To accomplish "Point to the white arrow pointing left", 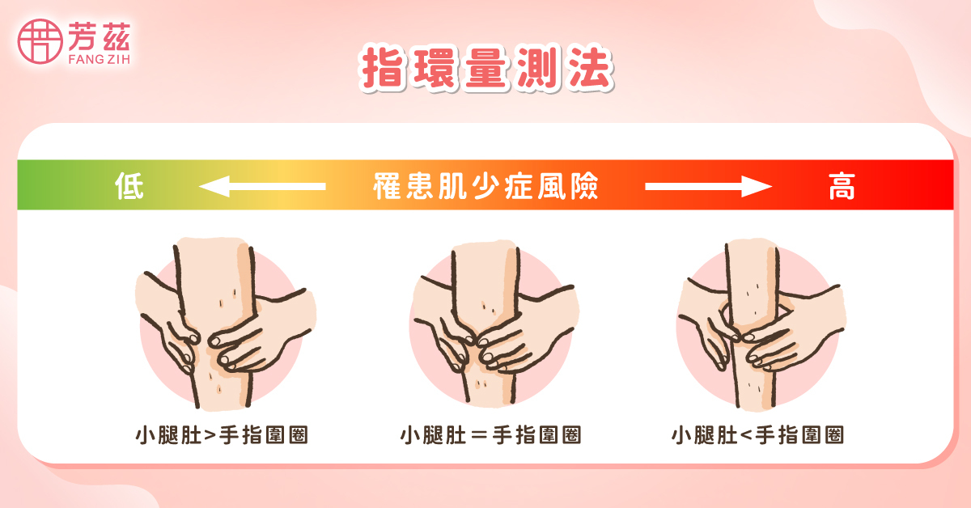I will [x=261, y=187].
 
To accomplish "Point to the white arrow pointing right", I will [x=709, y=187].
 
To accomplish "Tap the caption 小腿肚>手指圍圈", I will [x=221, y=435].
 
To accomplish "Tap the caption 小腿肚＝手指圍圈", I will [x=490, y=435].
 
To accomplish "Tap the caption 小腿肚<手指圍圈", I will [x=757, y=435].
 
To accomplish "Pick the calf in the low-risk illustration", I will [x=217, y=291].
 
